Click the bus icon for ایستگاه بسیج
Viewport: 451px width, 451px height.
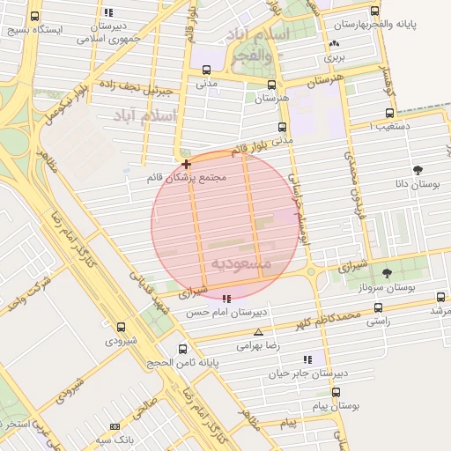pyautogui.click(x=34, y=16)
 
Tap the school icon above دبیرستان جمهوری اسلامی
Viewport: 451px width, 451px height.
pyautogui.click(x=108, y=12)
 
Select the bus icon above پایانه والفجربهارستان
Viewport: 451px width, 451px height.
pyautogui.click(x=375, y=11)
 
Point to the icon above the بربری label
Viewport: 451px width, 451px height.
pyautogui.click(x=333, y=44)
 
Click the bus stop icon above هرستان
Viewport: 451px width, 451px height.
pyautogui.click(x=270, y=85)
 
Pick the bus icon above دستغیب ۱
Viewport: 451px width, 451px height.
pyautogui.click(x=390, y=114)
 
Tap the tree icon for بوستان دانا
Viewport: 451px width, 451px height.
pyautogui.click(x=417, y=170)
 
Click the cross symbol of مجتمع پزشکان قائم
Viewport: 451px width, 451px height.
pyautogui.click(x=186, y=164)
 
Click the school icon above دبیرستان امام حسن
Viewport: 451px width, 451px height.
pyautogui.click(x=227, y=299)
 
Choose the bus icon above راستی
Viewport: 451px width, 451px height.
pyautogui.click(x=378, y=308)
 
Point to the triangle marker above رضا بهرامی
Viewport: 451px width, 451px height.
pyautogui.click(x=258, y=332)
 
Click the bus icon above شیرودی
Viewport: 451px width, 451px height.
pyautogui.click(x=121, y=326)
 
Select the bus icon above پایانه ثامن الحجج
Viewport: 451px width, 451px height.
pyautogui.click(x=182, y=349)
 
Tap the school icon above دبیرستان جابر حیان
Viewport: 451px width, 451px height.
pyautogui.click(x=307, y=359)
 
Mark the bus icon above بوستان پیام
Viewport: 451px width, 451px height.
pyautogui.click(x=336, y=392)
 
